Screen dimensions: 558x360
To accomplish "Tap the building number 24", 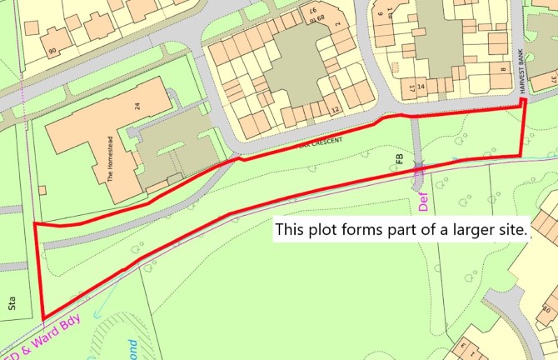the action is [x=136, y=106].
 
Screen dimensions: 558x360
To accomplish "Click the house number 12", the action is [x=335, y=109].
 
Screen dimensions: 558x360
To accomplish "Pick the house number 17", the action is [x=411, y=87].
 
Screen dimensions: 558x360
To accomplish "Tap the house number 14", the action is [x=421, y=87].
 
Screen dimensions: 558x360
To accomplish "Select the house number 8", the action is [x=503, y=71].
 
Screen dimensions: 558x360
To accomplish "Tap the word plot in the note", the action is [x=325, y=227].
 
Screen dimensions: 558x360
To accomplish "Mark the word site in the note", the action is [x=508, y=227].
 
